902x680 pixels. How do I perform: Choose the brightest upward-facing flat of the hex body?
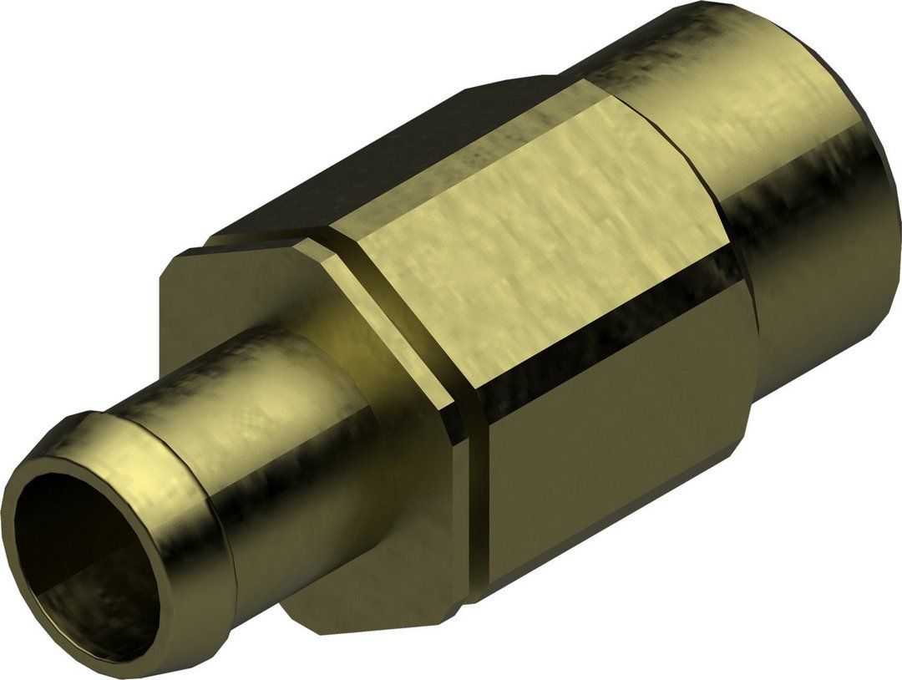coord(535,242)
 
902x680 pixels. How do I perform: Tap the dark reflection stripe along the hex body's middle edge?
coord(585,351)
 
